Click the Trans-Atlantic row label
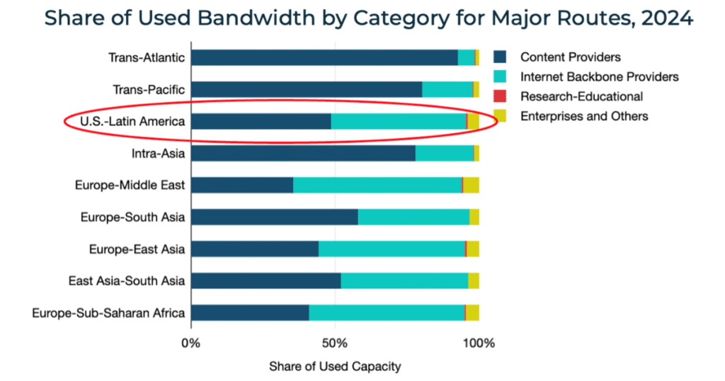pos(147,57)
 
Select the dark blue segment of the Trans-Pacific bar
pos(306,89)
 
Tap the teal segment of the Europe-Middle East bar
pos(377,185)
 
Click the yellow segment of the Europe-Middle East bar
pos(471,185)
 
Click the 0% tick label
pos(190,343)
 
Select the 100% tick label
pos(479,343)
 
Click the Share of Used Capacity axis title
pos(334,366)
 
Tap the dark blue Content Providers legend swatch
pos(500,57)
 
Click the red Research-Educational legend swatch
pos(500,96)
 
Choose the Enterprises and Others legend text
pos(584,116)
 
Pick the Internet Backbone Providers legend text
pos(600,76)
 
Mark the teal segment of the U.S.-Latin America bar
pos(399,121)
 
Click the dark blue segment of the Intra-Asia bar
pos(302,153)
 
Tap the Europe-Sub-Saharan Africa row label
pos(108,312)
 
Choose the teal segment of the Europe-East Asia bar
pos(392,249)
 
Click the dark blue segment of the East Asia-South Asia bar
pos(266,280)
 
